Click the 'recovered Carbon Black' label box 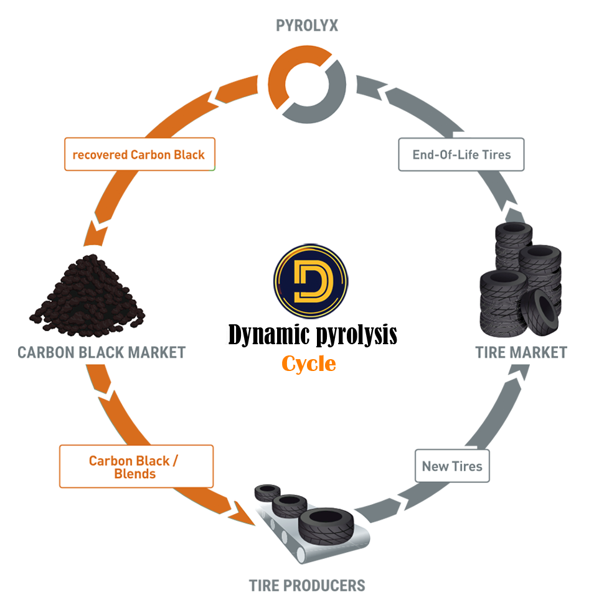[x=139, y=154]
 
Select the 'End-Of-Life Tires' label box [x=461, y=154]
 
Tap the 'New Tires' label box [x=452, y=466]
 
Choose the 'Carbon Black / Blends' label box [x=136, y=466]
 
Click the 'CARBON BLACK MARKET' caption [x=101, y=352]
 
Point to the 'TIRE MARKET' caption [x=521, y=352]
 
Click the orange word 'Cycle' [x=309, y=364]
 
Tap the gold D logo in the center [x=311, y=281]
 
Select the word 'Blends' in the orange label [x=135, y=474]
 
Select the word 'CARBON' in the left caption [x=44, y=352]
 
